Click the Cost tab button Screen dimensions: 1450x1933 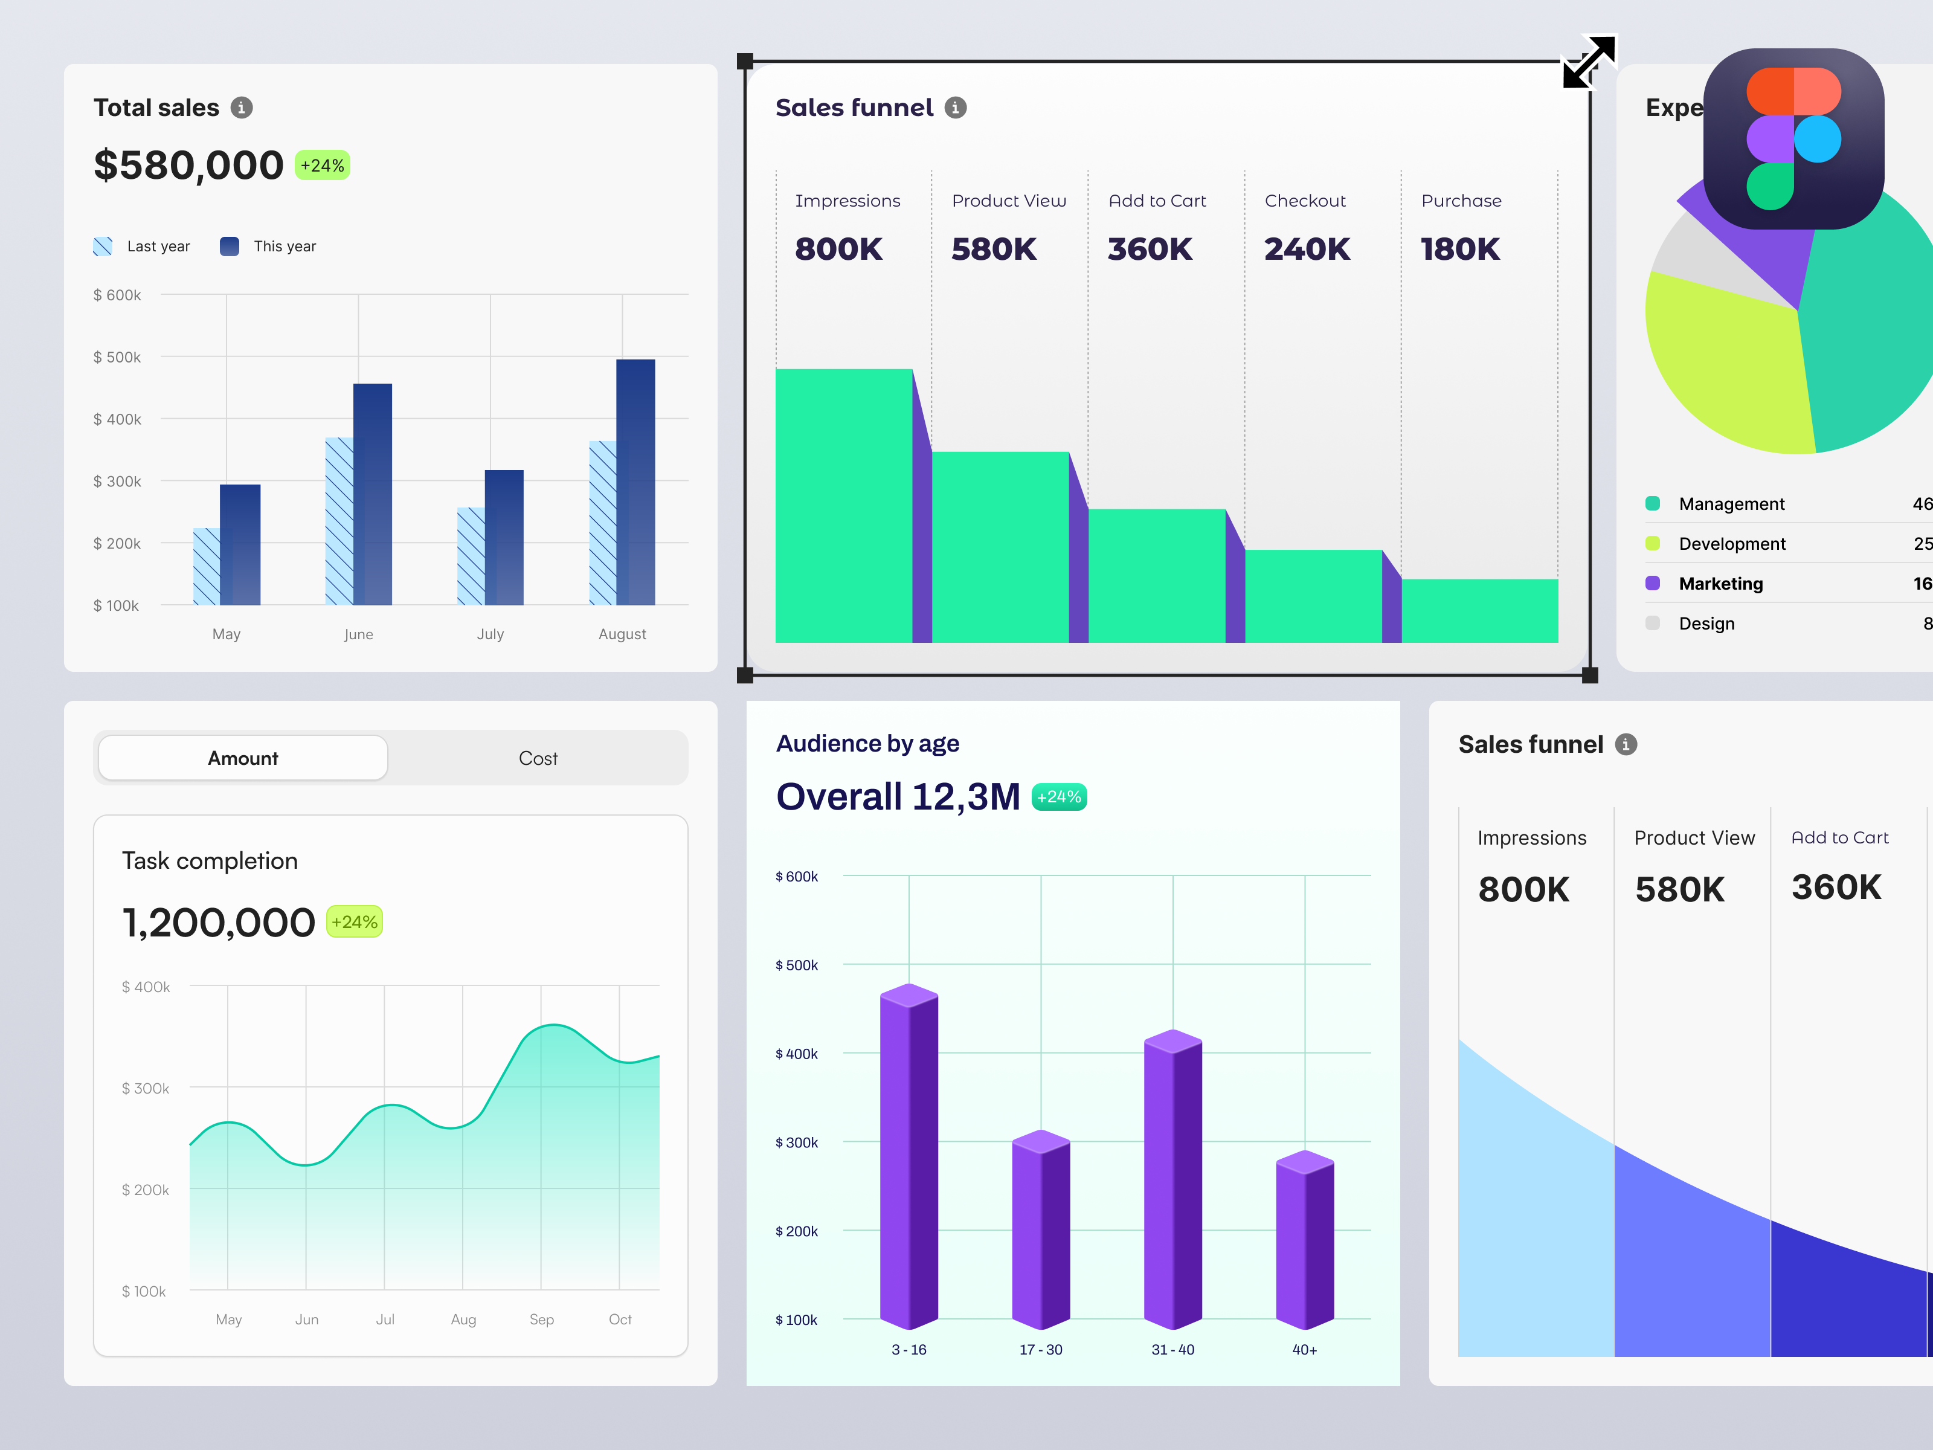coord(538,758)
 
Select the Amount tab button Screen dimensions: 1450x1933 coord(243,758)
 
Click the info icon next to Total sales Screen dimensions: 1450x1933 coord(241,108)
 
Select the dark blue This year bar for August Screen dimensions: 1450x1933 coord(635,482)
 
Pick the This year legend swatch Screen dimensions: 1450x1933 coord(230,246)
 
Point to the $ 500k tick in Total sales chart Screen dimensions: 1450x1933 coord(117,356)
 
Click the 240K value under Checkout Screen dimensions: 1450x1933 coord(1307,249)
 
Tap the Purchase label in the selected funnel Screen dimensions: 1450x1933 coord(1461,201)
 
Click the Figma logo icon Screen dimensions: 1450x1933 coord(1793,139)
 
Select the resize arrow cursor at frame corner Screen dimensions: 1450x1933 coord(1589,61)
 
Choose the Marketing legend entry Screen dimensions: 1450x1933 coord(1720,583)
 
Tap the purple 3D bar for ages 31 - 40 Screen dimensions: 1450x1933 coord(1172,1180)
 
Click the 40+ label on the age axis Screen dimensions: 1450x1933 coord(1304,1350)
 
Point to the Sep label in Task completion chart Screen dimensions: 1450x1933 coord(541,1319)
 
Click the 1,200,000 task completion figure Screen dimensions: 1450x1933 coord(219,922)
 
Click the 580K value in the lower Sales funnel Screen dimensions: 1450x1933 coord(1679,889)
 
